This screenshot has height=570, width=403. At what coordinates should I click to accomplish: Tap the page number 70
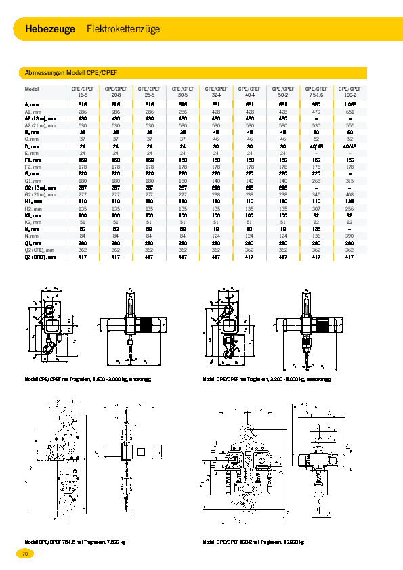[24, 554]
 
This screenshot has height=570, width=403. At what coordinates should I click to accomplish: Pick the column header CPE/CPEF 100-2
[349, 91]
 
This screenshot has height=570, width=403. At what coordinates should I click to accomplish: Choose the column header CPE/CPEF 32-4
[215, 91]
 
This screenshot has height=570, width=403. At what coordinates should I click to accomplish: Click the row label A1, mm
[33, 111]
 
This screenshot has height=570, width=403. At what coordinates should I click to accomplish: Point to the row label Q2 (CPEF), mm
[41, 257]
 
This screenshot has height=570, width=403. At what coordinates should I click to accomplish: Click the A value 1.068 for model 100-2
[349, 104]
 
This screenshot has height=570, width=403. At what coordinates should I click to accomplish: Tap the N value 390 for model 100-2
[349, 236]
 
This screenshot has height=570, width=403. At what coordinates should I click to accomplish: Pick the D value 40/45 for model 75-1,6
[316, 146]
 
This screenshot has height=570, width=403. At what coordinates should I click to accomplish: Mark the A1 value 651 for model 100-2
[349, 111]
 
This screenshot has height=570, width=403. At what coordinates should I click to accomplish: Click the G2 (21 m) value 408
[349, 194]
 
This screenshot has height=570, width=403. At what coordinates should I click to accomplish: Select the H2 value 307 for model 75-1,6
[316, 208]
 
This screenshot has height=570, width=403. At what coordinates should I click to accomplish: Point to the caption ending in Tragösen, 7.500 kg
[75, 542]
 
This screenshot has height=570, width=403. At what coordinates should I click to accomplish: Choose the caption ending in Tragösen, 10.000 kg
[253, 542]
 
